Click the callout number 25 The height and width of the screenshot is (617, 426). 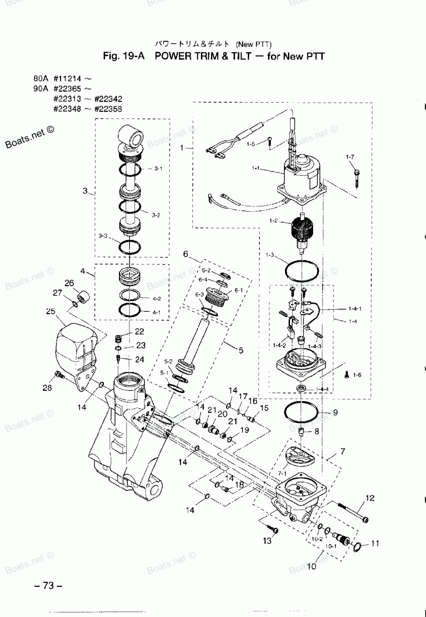(51, 311)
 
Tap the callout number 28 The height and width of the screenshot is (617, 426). (47, 387)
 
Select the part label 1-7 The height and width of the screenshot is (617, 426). (350, 157)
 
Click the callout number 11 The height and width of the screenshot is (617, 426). (375, 543)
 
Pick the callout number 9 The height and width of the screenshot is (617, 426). (335, 412)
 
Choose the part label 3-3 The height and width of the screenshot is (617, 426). (103, 235)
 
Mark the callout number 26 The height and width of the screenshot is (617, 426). (69, 283)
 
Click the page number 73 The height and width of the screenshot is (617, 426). (48, 586)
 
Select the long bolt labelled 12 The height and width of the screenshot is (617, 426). (353, 512)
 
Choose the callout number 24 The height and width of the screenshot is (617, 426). (139, 359)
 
